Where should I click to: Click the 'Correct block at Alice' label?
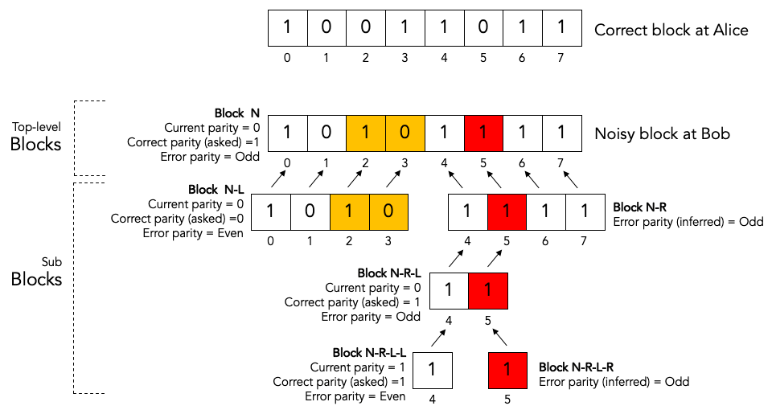click(x=671, y=31)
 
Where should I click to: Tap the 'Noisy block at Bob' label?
click(x=662, y=134)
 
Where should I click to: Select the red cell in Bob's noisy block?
click(x=484, y=133)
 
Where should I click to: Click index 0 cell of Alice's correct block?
click(x=287, y=27)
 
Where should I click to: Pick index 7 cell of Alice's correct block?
click(x=561, y=27)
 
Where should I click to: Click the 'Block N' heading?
click(x=236, y=113)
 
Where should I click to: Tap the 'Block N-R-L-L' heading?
click(x=369, y=352)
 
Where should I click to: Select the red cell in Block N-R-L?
click(x=488, y=291)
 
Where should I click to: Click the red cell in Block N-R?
click(x=507, y=213)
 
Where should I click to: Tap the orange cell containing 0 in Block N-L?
click(x=388, y=213)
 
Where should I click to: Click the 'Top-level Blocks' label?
click(x=35, y=136)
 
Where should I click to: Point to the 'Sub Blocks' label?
click(x=37, y=271)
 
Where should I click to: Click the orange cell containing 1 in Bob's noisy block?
click(x=366, y=133)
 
